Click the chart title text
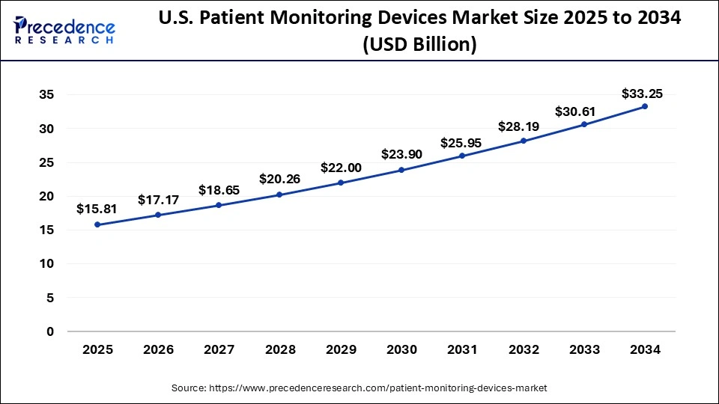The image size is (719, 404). click(x=419, y=32)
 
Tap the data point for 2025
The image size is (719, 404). click(x=97, y=224)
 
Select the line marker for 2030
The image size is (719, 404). click(x=401, y=170)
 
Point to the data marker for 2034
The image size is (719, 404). click(x=645, y=106)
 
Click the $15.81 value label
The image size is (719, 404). click(x=97, y=209)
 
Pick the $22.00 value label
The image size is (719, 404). click(x=341, y=168)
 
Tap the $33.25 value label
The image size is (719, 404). click(x=642, y=94)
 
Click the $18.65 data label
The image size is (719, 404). click(x=219, y=190)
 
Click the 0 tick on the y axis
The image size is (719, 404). click(x=49, y=331)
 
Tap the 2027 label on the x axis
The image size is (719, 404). click(x=219, y=349)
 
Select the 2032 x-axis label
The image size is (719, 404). click(x=523, y=349)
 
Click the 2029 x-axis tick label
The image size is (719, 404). click(x=341, y=349)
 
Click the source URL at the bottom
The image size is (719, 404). click(x=359, y=388)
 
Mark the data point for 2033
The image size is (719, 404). click(x=584, y=124)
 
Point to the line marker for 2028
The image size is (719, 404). click(x=279, y=195)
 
